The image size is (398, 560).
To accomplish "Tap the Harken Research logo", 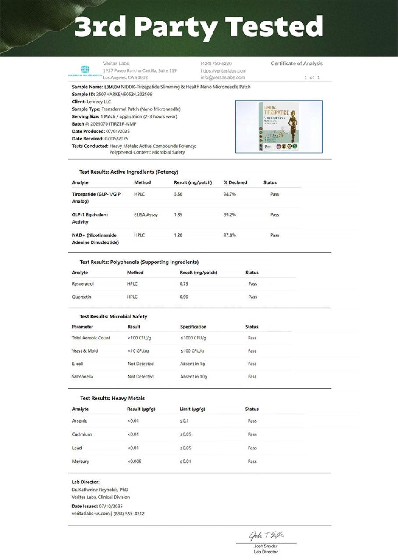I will [x=85, y=70].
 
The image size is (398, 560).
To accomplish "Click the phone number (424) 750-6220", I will [x=216, y=63].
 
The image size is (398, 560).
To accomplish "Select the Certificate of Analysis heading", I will [x=296, y=63].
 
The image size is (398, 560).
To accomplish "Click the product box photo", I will [x=279, y=126].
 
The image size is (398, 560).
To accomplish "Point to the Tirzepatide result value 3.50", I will [x=178, y=194].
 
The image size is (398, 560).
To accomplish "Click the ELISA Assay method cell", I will [x=146, y=215].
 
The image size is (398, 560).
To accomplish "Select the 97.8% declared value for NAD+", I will [x=230, y=235].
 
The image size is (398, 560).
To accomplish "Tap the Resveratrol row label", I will [x=83, y=284].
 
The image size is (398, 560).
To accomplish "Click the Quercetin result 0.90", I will [x=184, y=297].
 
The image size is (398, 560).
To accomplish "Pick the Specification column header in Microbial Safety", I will [x=193, y=327].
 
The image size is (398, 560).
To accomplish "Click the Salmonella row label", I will [x=82, y=377].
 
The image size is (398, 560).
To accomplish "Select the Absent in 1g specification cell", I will [x=193, y=364].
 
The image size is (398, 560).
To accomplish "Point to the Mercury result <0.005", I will [x=135, y=462].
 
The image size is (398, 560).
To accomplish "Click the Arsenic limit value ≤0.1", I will [x=185, y=421].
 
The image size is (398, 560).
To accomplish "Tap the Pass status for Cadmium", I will [x=252, y=434].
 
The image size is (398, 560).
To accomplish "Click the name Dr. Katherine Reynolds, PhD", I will [x=100, y=490].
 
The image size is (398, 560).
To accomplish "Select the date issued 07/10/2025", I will [x=111, y=506].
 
